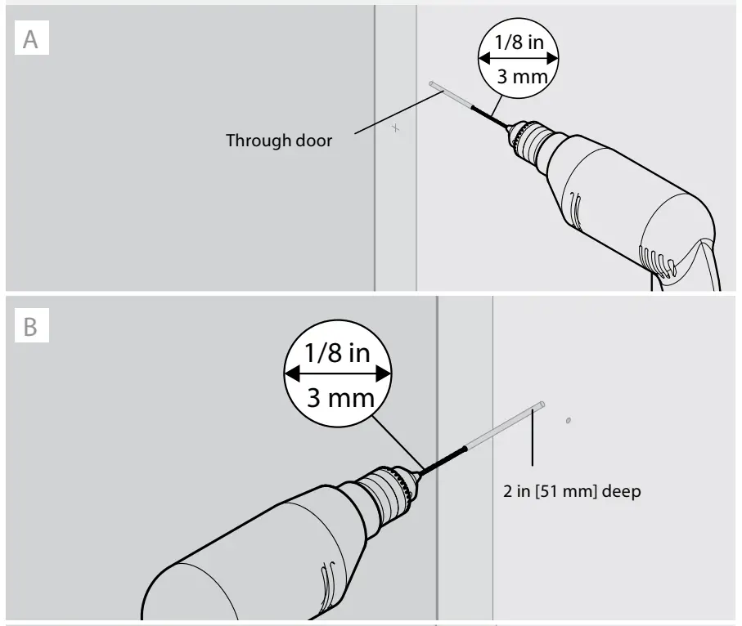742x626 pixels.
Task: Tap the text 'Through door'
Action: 279,141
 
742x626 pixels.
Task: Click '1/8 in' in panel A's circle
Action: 517,42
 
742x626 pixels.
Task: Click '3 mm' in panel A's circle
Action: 517,78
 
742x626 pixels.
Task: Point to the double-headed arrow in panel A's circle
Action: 517,59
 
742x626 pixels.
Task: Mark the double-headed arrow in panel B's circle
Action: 335,374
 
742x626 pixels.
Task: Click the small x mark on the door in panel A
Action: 396,127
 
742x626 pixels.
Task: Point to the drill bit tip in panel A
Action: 431,83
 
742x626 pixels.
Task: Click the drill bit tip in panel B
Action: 542,404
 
